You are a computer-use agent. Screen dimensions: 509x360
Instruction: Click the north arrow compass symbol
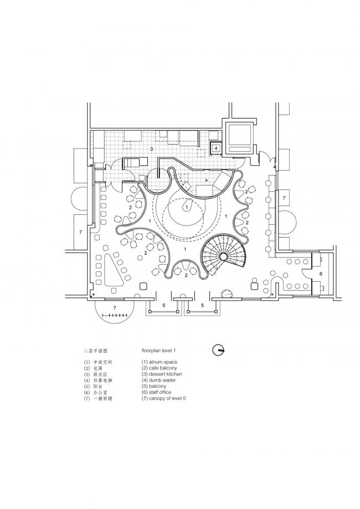(219, 350)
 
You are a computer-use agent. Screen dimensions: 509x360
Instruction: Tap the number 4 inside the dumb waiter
(217, 148)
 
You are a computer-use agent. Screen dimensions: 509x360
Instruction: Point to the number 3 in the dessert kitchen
(151, 150)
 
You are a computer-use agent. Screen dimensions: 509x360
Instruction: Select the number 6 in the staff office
(321, 275)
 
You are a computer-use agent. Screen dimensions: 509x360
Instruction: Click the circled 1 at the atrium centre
(186, 206)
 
